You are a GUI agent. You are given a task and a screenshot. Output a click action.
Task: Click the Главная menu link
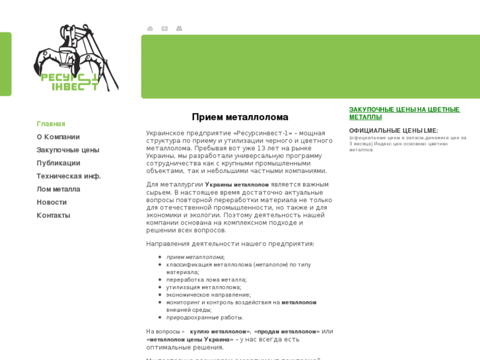tap(51, 124)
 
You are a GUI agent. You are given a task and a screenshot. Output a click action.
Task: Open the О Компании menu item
tap(58, 137)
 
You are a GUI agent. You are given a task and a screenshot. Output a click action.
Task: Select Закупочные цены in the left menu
tap(68, 150)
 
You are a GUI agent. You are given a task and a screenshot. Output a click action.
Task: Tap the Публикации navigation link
tap(58, 163)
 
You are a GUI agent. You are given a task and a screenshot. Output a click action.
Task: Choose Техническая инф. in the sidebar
tap(69, 176)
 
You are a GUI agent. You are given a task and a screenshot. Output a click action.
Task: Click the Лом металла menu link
tap(58, 189)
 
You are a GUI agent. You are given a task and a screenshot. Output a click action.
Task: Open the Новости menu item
tap(51, 202)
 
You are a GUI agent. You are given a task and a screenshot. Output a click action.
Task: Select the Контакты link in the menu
tap(53, 215)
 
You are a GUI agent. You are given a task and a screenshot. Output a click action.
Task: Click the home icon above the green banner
tap(150, 28)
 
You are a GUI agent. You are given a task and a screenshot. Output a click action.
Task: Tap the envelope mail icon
tap(164, 28)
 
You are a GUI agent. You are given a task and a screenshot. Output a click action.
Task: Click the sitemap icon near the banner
tap(179, 28)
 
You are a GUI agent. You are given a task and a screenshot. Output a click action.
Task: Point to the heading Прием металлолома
tap(240, 117)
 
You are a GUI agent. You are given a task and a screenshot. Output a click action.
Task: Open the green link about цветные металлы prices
tap(404, 113)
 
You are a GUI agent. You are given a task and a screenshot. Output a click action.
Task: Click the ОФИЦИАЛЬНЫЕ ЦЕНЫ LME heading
tap(394, 131)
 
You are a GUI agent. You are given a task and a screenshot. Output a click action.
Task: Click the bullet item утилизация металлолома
tap(203, 287)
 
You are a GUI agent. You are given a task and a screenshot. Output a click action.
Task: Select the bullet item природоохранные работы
tap(205, 318)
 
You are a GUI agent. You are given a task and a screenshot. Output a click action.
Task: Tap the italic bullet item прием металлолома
tap(195, 257)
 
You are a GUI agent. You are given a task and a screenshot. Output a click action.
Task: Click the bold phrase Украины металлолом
tap(237, 185)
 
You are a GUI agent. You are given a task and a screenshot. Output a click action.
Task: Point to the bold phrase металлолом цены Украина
tap(190, 340)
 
